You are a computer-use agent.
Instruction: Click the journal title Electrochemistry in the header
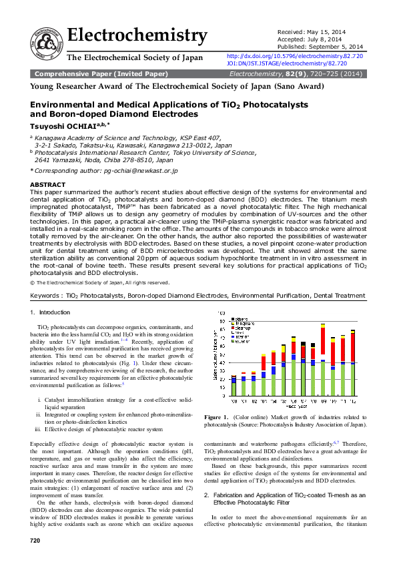click(x=137, y=35)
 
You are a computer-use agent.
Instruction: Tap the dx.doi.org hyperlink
click(x=295, y=57)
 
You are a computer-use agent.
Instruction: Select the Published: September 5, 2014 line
click(x=320, y=47)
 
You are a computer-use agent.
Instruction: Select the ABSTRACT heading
click(x=48, y=184)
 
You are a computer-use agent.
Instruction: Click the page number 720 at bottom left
click(x=35, y=539)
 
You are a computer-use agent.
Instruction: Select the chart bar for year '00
click(x=234, y=386)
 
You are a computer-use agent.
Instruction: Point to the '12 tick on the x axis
click(x=352, y=402)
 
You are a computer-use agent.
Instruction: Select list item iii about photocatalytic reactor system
click(x=101, y=429)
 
